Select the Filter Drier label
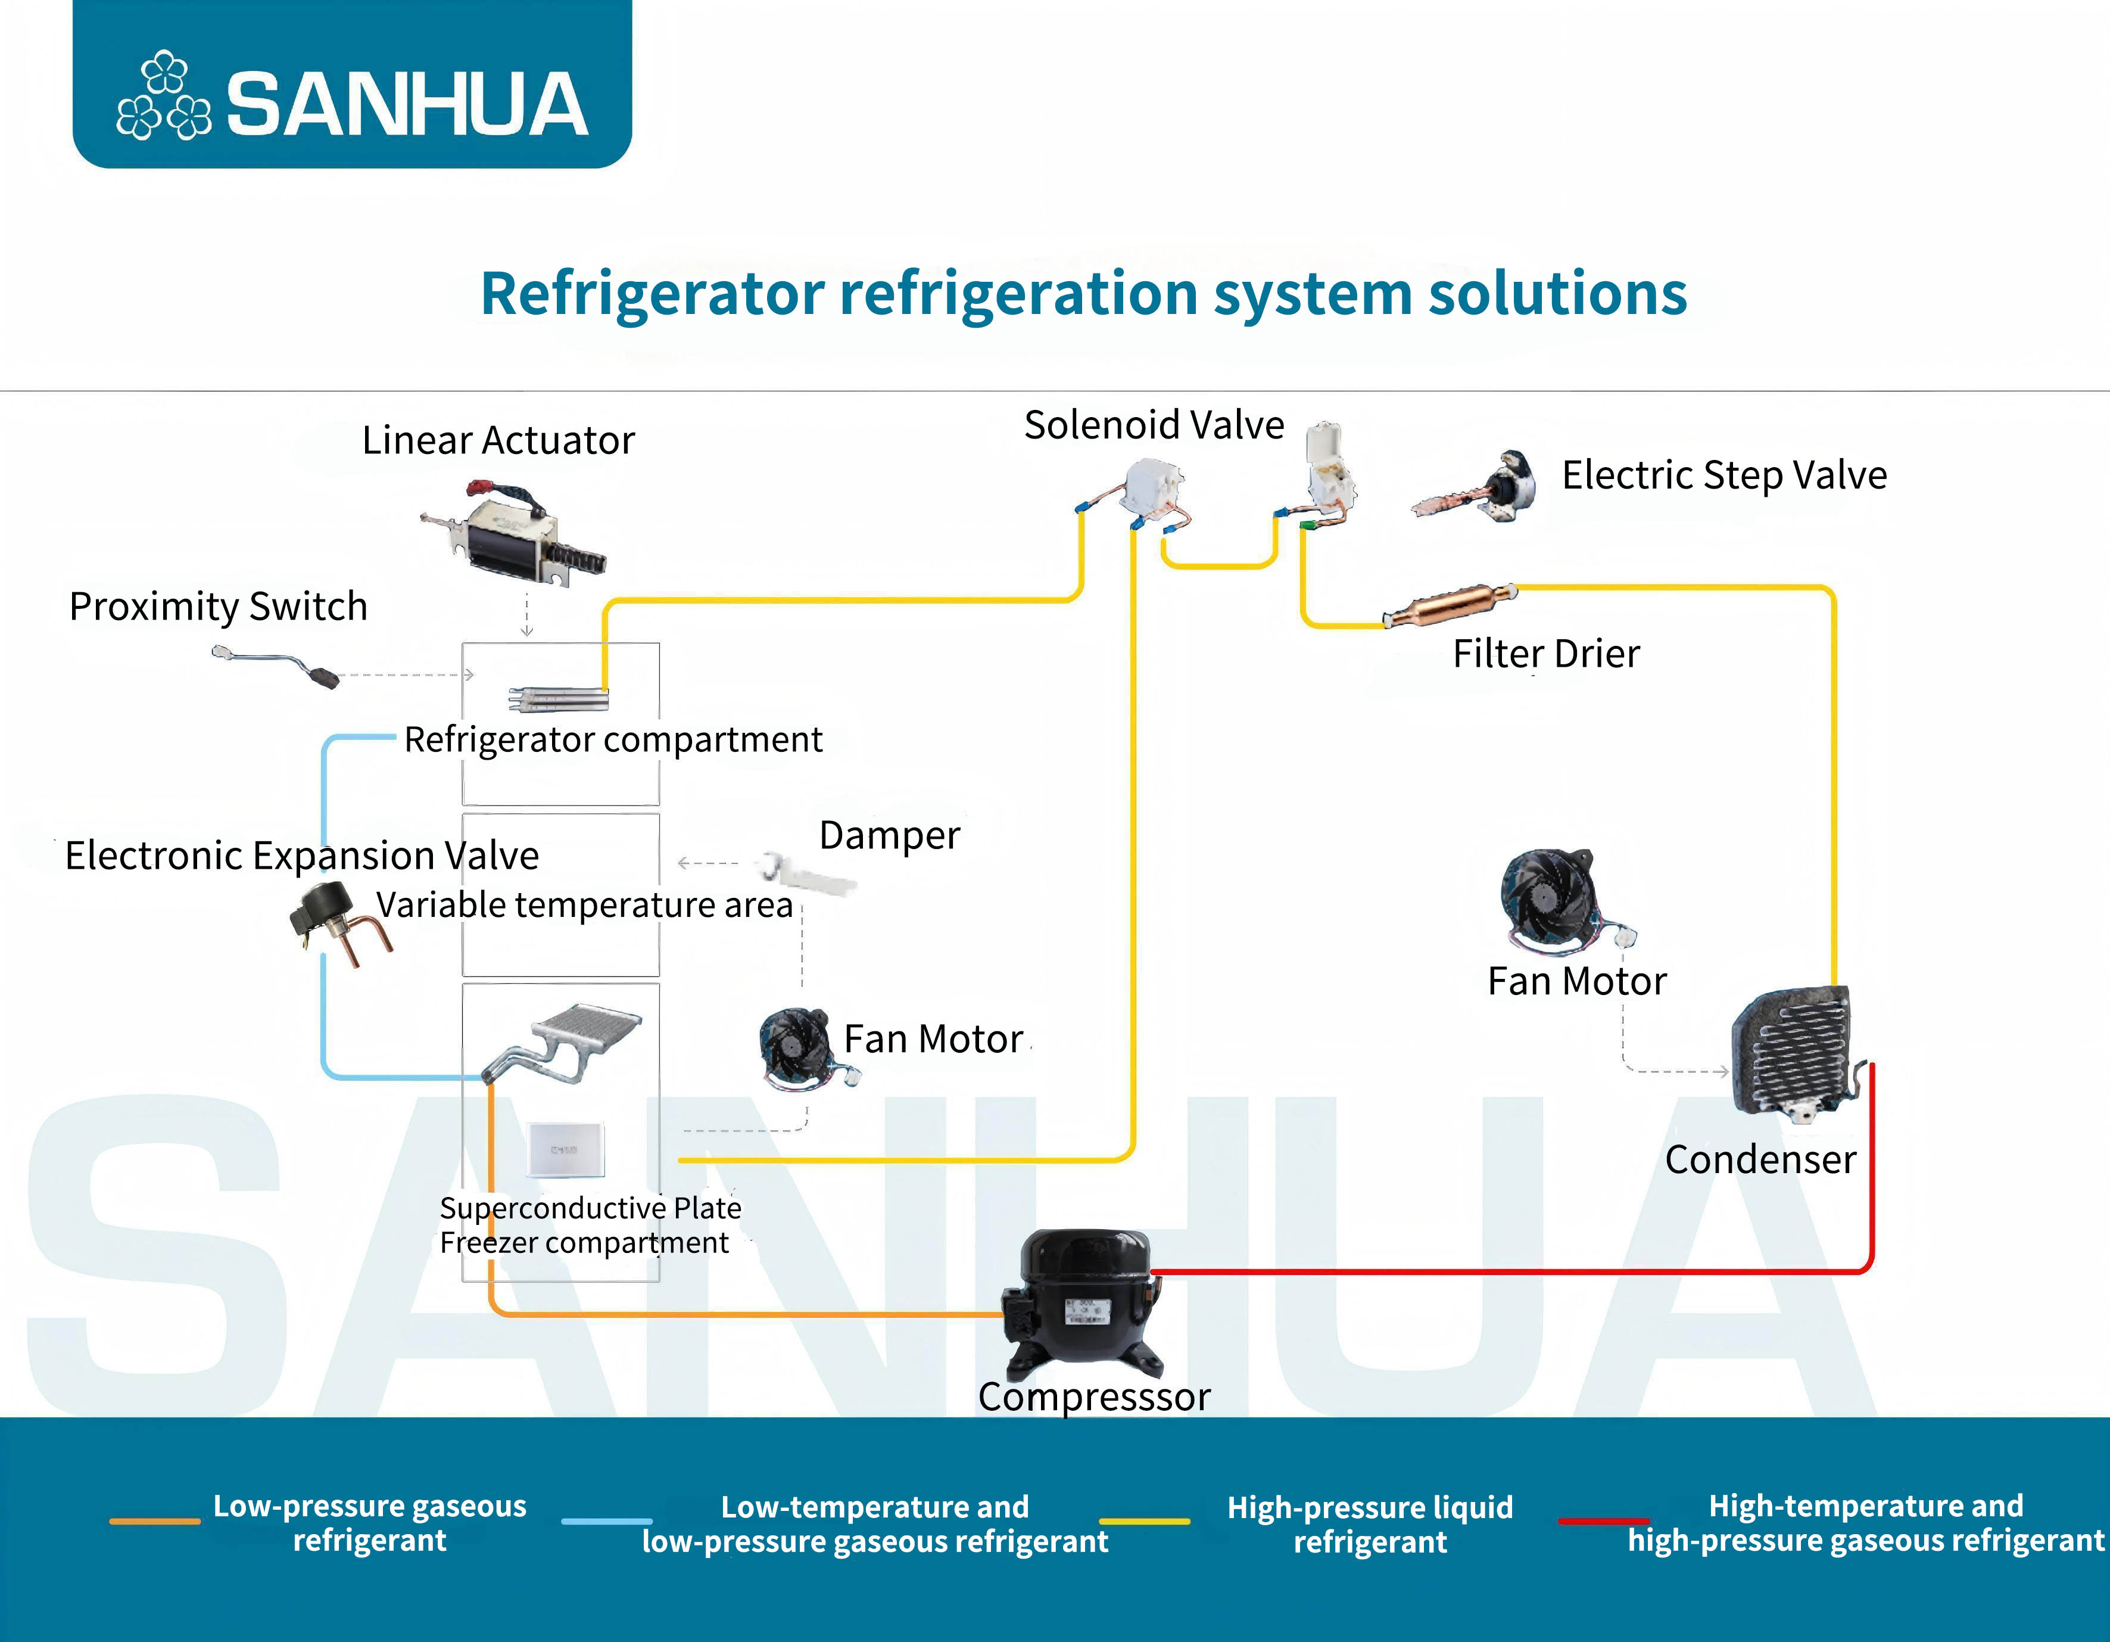pos(1546,654)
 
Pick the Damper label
pos(889,836)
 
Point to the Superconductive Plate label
pos(590,1208)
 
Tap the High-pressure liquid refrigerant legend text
pos(1369,1524)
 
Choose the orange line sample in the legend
pos(155,1521)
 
